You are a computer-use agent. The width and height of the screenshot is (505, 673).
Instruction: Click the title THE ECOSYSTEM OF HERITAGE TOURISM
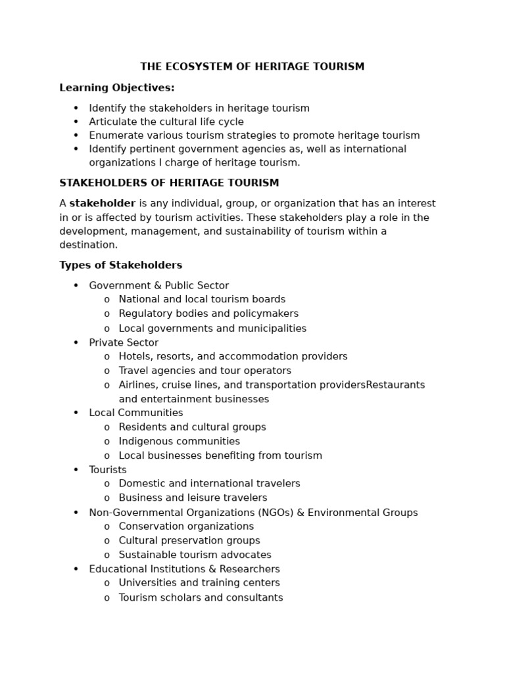tap(252, 66)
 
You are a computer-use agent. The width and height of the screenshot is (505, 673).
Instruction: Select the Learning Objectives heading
tap(117, 87)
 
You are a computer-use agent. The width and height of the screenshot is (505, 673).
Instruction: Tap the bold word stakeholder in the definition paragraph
tap(102, 204)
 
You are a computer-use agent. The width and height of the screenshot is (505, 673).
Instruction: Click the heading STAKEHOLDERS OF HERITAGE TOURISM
tap(169, 183)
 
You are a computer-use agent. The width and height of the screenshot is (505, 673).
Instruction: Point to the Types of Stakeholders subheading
tap(120, 266)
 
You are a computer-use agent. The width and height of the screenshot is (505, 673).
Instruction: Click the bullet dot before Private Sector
tap(76, 342)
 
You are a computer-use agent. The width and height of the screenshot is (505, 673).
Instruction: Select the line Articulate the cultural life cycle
tap(166, 122)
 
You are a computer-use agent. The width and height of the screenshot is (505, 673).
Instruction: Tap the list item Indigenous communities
tap(179, 441)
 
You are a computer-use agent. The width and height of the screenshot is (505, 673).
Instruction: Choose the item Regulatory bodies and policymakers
tap(208, 313)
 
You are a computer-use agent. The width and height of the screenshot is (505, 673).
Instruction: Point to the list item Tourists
tap(108, 470)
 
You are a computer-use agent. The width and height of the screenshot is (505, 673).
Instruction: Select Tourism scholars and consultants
tap(201, 597)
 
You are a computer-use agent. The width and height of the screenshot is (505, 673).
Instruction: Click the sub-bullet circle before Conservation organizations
tap(107, 526)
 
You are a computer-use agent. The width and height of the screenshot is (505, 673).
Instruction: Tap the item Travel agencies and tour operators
tap(204, 371)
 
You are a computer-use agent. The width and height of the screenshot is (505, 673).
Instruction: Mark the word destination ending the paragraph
tap(88, 245)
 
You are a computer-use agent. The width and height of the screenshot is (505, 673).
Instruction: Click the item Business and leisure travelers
tap(193, 498)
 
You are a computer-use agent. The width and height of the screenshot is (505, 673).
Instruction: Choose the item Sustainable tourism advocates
tap(195, 555)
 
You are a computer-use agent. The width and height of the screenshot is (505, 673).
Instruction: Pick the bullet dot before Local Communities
tap(76, 413)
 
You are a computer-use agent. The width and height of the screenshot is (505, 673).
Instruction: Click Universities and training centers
tap(199, 583)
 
